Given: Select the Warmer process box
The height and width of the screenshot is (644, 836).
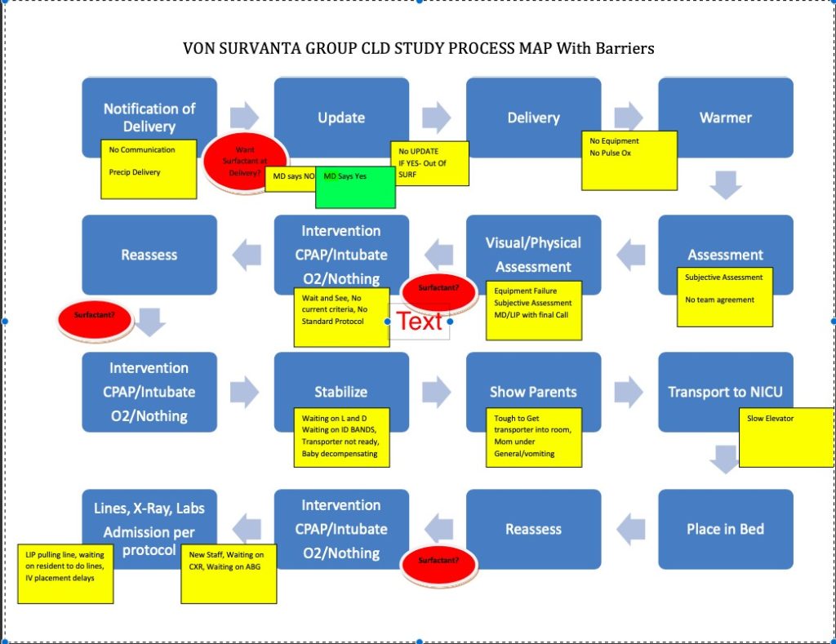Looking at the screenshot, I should point(725,117).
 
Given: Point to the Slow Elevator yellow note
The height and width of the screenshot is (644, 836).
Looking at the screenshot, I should point(786,437).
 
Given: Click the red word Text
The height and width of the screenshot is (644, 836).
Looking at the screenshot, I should point(420,321).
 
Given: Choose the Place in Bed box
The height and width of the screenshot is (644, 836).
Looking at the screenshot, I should point(725,528).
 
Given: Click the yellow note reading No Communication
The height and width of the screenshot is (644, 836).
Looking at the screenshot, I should point(149,169).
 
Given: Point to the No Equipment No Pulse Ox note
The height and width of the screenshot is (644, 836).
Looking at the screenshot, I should point(629,160).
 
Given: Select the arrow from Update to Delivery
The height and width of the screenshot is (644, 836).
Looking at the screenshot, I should point(437,118).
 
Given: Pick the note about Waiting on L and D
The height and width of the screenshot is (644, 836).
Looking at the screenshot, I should point(341,437).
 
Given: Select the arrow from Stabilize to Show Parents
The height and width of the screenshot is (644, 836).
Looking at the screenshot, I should point(437,392).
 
